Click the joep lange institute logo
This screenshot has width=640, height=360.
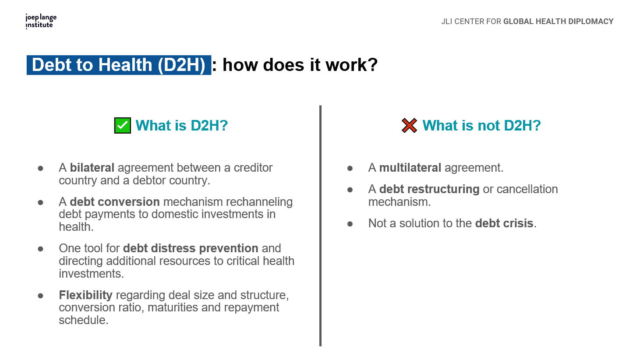(x=41, y=21)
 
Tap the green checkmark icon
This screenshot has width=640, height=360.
(x=123, y=125)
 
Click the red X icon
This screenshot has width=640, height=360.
(x=409, y=125)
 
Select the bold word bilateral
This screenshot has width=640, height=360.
(x=92, y=168)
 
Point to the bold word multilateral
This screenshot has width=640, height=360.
(x=410, y=168)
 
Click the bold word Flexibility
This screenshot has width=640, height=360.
(x=86, y=295)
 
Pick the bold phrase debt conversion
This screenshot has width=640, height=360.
(x=115, y=202)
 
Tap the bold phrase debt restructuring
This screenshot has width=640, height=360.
(x=429, y=189)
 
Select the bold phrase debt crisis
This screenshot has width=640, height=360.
(x=504, y=223)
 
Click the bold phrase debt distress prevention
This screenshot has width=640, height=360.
(x=191, y=248)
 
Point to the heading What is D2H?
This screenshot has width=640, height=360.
(x=182, y=125)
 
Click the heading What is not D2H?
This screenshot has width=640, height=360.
(x=482, y=125)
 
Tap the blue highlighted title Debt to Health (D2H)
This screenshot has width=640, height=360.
(x=119, y=65)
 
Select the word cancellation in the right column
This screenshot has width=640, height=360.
(x=527, y=189)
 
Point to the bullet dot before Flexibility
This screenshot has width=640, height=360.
(x=41, y=296)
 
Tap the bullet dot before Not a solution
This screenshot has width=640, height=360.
(x=350, y=224)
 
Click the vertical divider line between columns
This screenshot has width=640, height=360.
(x=320, y=226)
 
